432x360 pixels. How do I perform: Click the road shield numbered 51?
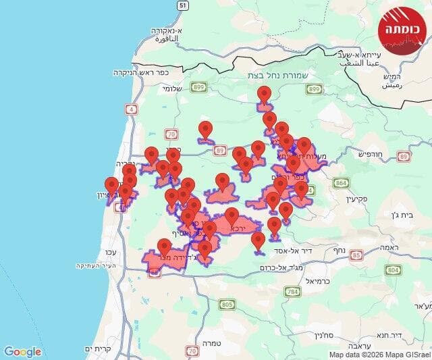(x=182, y=5)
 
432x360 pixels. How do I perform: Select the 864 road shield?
(x=341, y=182)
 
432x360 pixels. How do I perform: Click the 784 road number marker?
(x=292, y=292)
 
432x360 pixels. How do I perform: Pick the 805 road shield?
(x=227, y=305)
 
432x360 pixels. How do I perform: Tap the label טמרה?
(x=211, y=343)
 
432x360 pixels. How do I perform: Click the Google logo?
(x=22, y=351)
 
